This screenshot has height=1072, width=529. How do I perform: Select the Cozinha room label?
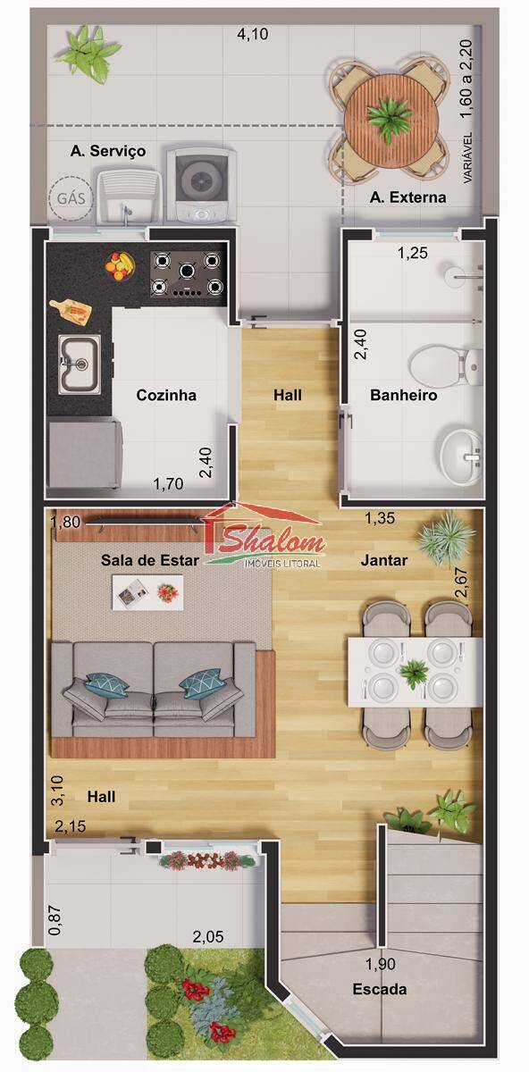click(166, 395)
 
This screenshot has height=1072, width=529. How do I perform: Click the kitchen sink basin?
click(79, 364)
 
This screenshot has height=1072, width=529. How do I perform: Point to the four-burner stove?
click(186, 274)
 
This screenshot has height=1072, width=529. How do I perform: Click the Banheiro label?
click(404, 395)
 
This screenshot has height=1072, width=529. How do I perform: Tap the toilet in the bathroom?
click(446, 366)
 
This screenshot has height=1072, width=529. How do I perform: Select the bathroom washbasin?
click(461, 456)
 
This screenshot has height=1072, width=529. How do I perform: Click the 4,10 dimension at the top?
click(252, 35)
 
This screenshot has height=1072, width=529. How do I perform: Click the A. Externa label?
click(407, 197)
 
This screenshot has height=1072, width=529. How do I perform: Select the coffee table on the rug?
click(147, 591)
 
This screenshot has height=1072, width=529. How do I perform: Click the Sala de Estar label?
click(143, 560)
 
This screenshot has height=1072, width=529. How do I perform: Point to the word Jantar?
click(384, 561)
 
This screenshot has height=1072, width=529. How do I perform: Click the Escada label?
click(380, 989)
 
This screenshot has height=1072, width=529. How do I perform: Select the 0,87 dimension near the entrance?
click(55, 921)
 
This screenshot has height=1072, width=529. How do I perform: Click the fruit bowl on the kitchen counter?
click(120, 264)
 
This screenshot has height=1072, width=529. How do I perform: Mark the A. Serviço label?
click(108, 152)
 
